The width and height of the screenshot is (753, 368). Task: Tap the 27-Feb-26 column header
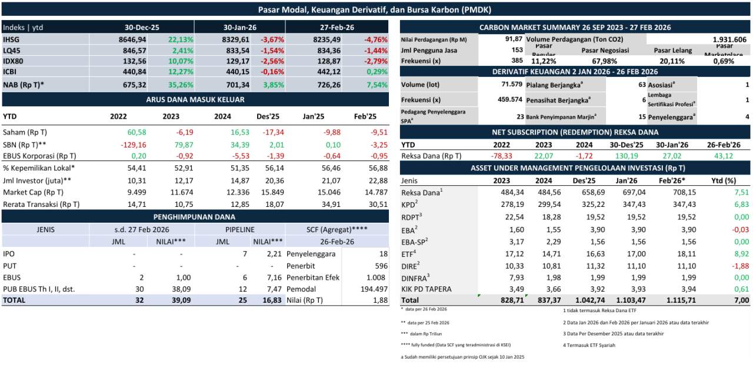click(337, 27)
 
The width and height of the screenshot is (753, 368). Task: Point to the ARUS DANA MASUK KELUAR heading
click(195, 99)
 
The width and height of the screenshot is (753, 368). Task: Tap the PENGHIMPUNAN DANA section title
click(195, 216)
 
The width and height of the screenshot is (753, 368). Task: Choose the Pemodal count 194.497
click(373, 289)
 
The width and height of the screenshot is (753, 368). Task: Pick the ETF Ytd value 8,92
click(740, 253)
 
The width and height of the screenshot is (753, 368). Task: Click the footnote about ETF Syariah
click(589, 345)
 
